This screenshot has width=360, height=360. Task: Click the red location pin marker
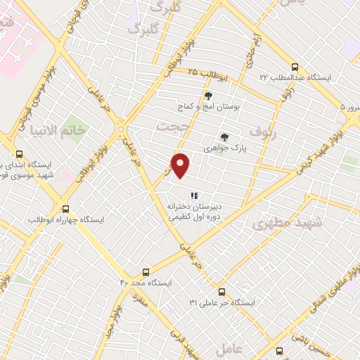[181, 165]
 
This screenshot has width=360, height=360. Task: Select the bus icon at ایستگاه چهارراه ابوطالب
[65, 209]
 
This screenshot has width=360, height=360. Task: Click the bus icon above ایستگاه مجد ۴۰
[146, 271]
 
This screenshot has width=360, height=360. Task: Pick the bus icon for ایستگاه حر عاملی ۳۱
[221, 291]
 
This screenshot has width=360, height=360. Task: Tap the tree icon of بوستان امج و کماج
[208, 96]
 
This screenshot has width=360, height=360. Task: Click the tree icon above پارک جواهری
[224, 138]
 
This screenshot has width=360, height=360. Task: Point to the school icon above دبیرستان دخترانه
[194, 195]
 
